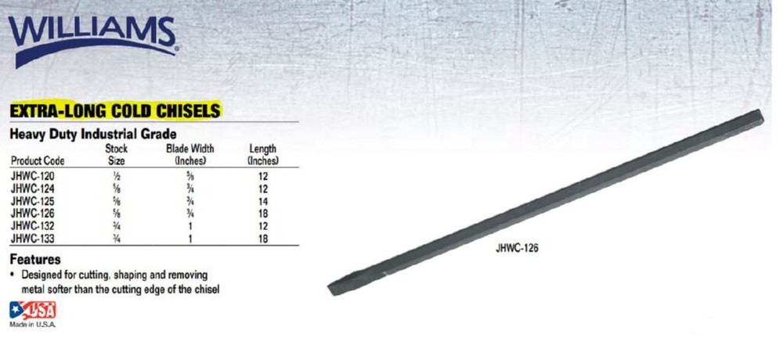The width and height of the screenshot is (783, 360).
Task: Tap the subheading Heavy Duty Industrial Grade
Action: point(92,134)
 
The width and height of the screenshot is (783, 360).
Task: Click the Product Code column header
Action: point(37,160)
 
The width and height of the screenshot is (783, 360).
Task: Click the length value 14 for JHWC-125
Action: point(263,200)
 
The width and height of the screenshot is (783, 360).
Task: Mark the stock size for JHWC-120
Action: point(116,178)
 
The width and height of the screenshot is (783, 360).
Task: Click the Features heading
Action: point(34,259)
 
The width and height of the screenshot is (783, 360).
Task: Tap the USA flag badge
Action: point(32,309)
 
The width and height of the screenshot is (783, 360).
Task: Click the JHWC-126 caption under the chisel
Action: point(518,250)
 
